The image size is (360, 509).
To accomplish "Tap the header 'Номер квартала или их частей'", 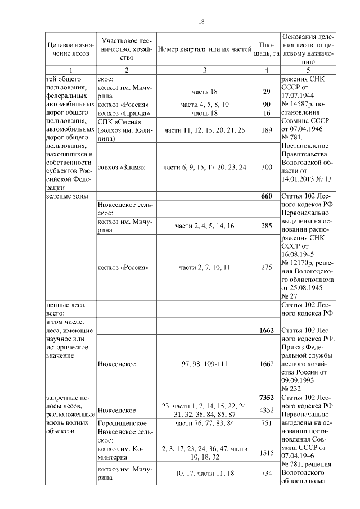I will pos(204,49).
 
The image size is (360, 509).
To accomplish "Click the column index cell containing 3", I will pos(204,70).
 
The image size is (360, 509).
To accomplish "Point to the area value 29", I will pos(267,92).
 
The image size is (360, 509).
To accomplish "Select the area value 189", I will pos(267,130).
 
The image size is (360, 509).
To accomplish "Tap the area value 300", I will pos(267,168).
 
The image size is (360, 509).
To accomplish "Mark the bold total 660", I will pos(267,196).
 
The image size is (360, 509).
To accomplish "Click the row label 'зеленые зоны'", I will pos(67,196).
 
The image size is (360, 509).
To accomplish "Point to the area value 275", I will pos(267,267).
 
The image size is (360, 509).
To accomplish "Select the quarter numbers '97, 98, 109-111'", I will pos(204,364).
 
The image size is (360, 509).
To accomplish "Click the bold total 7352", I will pos(266,397).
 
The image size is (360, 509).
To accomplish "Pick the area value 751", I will pos(267,422).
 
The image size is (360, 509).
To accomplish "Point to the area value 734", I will pos(267,474).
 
